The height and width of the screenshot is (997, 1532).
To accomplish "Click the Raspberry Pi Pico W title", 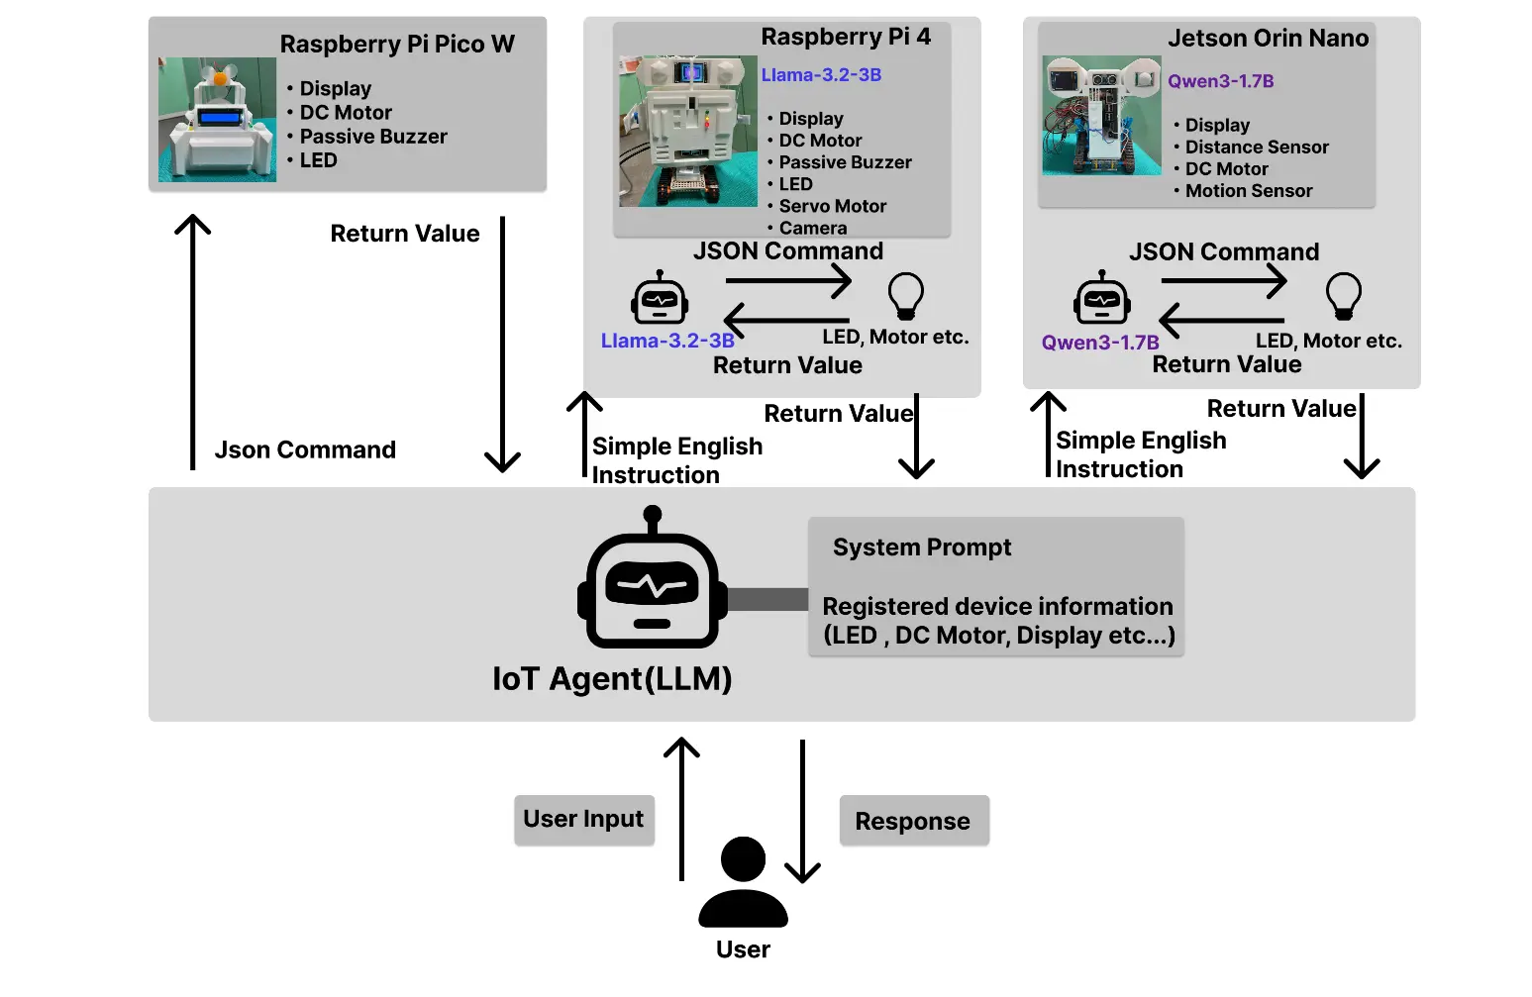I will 397,45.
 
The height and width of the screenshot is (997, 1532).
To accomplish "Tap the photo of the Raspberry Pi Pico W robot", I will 217,120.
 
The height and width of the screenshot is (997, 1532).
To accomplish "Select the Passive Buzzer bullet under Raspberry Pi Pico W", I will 372,137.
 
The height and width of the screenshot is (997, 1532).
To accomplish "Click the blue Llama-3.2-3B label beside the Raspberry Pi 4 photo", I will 821,75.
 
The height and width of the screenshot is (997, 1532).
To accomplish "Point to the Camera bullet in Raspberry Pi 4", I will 812,228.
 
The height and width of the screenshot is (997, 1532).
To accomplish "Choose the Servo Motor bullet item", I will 832,206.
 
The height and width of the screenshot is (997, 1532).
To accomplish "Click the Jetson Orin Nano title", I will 1268,39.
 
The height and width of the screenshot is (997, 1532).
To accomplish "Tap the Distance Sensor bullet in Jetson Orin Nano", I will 1256,148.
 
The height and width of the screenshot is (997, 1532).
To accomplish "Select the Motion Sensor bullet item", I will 1248,191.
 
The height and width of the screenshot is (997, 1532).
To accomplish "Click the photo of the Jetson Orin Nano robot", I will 1100,116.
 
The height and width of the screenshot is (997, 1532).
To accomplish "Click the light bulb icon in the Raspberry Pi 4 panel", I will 905,295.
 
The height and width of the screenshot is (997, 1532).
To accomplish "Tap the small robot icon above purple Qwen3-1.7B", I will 1101,298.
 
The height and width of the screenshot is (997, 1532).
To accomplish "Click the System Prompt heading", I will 921,548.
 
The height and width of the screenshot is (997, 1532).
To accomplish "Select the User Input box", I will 583,820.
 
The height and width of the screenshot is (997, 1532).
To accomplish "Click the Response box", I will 913,822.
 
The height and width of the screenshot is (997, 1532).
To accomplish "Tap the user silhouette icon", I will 743,882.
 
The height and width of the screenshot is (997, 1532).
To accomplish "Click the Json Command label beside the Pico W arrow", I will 305,450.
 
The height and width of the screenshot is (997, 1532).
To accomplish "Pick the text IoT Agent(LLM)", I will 612,679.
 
